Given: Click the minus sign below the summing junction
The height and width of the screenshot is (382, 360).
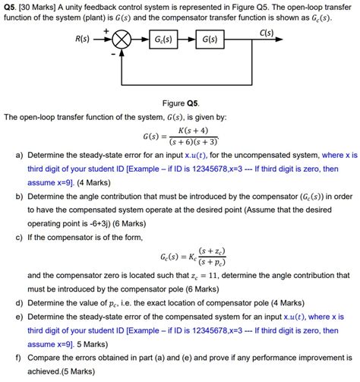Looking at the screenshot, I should tap(114, 55).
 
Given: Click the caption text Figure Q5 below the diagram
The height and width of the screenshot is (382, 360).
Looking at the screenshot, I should tap(180, 101).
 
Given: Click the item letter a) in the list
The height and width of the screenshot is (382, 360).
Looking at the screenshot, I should tap(18, 154).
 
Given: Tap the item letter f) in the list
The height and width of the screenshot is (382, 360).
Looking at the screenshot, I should tap(18, 358).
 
